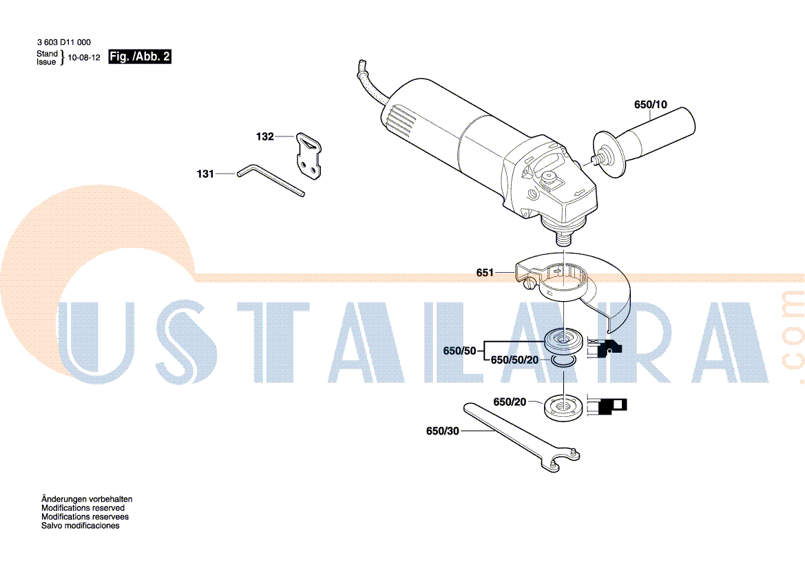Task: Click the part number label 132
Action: [264, 136]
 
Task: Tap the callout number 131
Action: [205, 174]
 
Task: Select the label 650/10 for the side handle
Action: [651, 105]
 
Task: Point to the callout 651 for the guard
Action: [485, 273]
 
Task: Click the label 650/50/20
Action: [514, 360]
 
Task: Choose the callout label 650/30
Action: [443, 431]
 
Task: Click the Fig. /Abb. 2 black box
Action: [140, 56]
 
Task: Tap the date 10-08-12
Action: [84, 58]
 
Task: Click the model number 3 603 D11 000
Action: [63, 43]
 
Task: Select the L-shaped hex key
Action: [271, 180]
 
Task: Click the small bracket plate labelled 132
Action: [309, 156]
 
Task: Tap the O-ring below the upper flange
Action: [564, 360]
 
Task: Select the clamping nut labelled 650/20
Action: [564, 407]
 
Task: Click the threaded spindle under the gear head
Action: [564, 238]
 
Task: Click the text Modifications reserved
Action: [83, 508]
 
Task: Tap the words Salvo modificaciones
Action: [80, 526]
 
